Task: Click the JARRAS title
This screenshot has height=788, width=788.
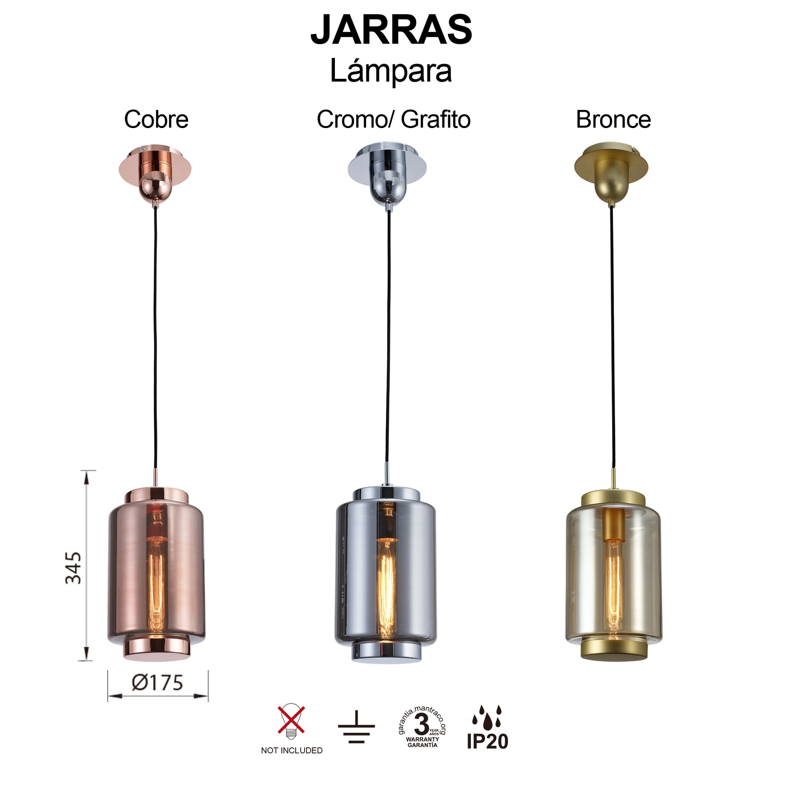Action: [391, 30]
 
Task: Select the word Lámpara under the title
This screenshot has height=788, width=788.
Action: [391, 71]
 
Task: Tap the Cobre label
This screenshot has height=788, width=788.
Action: [156, 119]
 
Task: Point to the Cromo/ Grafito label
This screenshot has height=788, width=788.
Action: [393, 119]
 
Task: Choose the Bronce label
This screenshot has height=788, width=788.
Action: [613, 119]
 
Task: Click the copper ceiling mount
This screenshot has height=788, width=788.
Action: [155, 174]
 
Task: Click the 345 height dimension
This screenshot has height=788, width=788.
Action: [74, 568]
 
